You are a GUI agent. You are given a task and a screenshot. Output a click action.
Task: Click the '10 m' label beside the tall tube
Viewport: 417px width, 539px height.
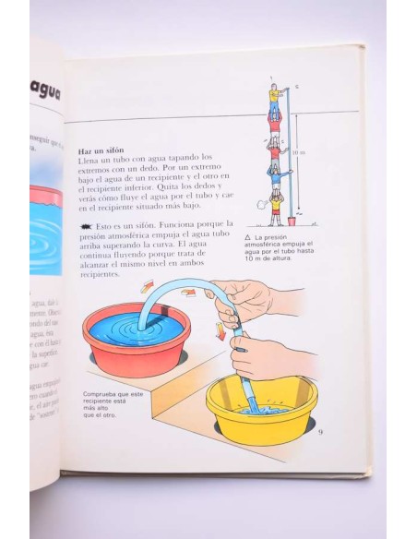click(300, 153)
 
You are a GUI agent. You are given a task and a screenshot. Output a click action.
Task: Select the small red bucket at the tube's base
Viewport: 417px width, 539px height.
click(292, 221)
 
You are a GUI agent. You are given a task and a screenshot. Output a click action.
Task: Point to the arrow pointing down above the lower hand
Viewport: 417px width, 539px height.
click(220, 331)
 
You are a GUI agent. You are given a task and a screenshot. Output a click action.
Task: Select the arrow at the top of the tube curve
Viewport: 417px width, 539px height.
click(188, 293)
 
